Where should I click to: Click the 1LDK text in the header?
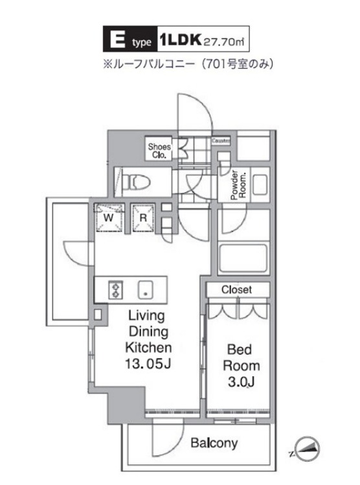point(179,41)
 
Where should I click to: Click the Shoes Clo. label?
point(159,151)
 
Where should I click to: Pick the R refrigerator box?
point(142,216)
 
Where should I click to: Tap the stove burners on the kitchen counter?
point(116,289)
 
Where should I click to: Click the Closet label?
point(236,290)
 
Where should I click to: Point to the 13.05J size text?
point(147,364)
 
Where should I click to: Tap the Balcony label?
point(214,444)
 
